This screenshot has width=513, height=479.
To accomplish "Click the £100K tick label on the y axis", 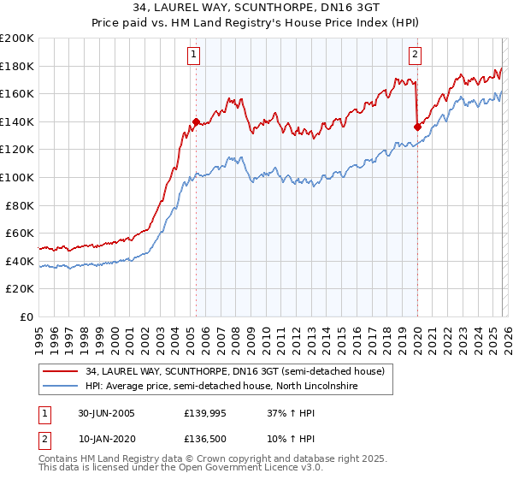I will tap(17, 177).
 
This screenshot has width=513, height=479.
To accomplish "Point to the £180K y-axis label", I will tap(17, 66).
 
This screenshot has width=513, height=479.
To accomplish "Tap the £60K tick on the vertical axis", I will tap(20, 233).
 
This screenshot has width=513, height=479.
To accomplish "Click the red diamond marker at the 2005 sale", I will tap(196, 121).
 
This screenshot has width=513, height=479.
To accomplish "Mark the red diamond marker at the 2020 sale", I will tap(417, 127).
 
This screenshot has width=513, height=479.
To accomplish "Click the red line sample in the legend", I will tap(62, 371).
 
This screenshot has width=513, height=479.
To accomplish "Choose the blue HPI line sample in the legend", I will tap(62, 387).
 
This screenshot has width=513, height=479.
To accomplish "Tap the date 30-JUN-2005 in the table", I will tap(106, 413).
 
